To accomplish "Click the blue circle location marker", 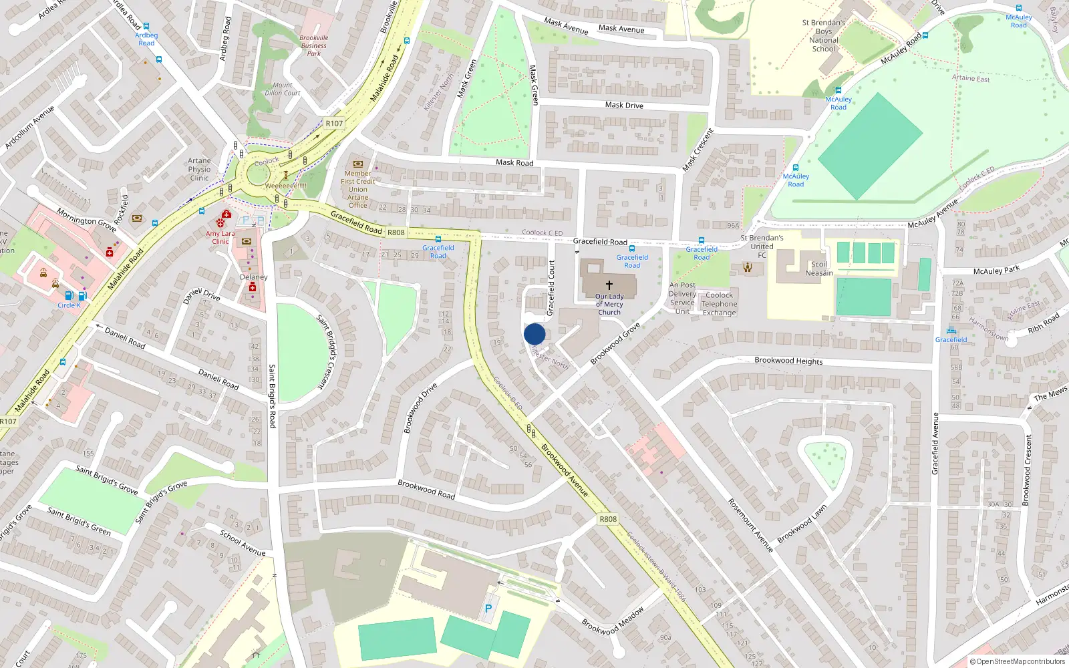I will coord(534,334).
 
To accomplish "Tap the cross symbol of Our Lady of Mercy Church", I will coord(609,285).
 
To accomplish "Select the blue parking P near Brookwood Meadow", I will coord(488,609).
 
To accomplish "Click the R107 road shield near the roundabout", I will coord(334,123).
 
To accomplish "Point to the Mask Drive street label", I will coord(624,105).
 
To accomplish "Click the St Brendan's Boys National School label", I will coord(823,35).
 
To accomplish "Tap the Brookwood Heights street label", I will coord(788,361).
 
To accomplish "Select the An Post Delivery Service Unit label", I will coord(682,298).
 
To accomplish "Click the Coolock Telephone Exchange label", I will coord(719,304).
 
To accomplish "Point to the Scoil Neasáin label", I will coord(819,269).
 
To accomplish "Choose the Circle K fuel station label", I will coord(69,305).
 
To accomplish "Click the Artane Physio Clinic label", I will coord(199,169).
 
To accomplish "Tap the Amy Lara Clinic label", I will coord(220,237).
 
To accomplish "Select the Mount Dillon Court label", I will coord(283,89).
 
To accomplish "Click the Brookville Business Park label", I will coord(313,45).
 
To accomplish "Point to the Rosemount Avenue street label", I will coord(750,525).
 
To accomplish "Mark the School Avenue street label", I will coord(243,542).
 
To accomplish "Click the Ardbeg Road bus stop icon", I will coord(146,27).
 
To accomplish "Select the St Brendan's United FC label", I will coord(762,246).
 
